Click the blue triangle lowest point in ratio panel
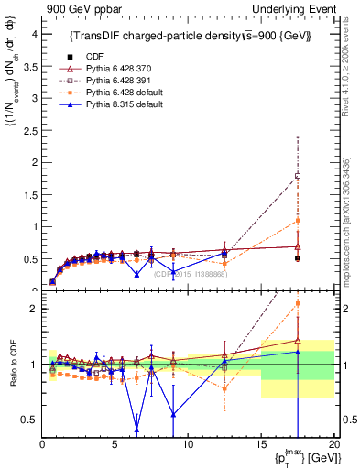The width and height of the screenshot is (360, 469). [137, 428]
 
